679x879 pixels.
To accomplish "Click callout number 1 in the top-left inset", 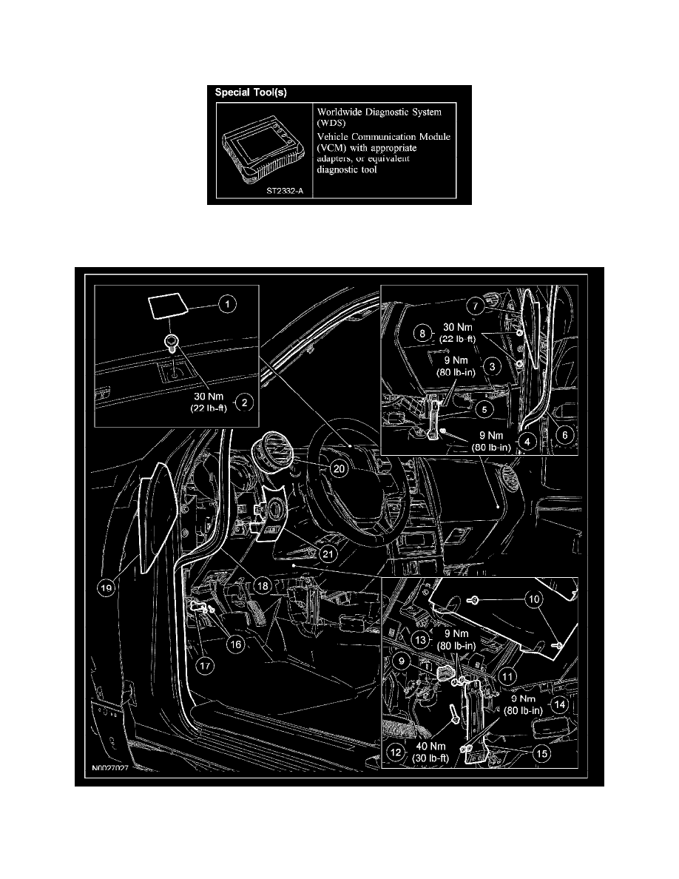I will coord(228,303).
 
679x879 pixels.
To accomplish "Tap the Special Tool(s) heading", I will coord(250,93).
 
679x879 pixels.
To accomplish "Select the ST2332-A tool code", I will coord(285,191).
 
